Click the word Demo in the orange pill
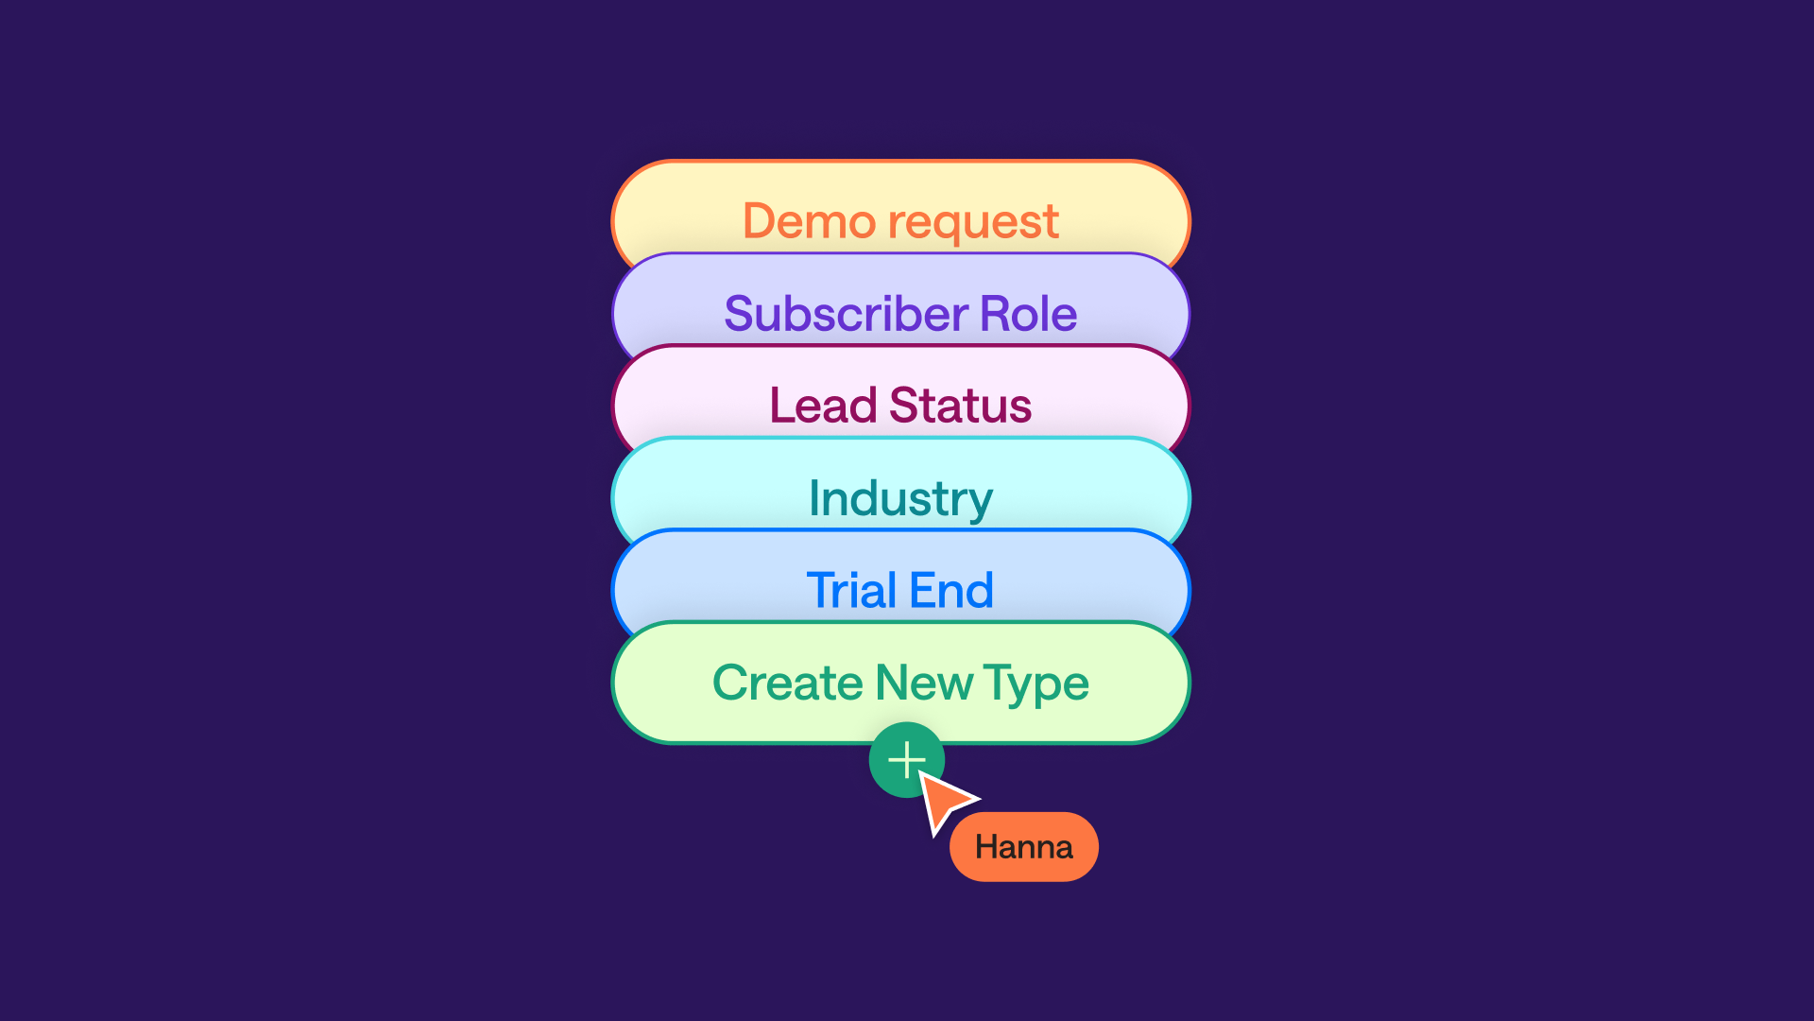click(x=809, y=221)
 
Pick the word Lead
click(x=823, y=406)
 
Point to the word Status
click(x=960, y=406)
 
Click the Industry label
click(x=900, y=498)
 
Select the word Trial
click(x=850, y=591)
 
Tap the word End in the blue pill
click(x=951, y=591)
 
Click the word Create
click(x=788, y=683)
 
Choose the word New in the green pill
click(x=924, y=683)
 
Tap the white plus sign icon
click(x=907, y=759)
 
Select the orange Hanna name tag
click(x=1024, y=847)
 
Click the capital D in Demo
click(x=760, y=221)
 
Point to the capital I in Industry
click(x=814, y=497)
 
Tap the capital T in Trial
click(x=820, y=591)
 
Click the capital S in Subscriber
click(x=741, y=314)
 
